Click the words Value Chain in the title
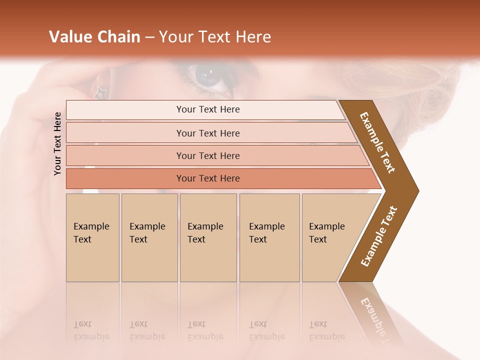click(94, 37)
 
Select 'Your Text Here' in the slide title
click(215, 37)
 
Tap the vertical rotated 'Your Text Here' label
click(57, 143)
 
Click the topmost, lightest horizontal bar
click(207, 109)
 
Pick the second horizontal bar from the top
click(207, 133)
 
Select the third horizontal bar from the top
click(207, 155)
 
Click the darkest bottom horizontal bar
click(207, 178)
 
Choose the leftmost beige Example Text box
click(92, 237)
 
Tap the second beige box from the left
click(149, 237)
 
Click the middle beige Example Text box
click(208, 237)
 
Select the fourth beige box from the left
click(269, 237)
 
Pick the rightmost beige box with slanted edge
click(330, 237)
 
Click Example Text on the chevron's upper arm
click(378, 142)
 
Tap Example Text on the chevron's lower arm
click(379, 236)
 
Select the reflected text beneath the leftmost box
click(91, 330)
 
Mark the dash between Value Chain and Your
click(149, 37)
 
